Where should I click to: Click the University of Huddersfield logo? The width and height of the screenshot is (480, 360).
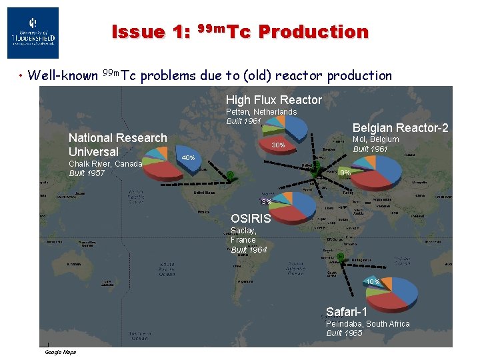(33, 33)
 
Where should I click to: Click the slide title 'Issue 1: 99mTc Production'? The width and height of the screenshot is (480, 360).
(240, 31)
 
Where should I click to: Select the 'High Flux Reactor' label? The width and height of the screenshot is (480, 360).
(273, 100)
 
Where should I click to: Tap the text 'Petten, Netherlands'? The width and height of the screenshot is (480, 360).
(261, 112)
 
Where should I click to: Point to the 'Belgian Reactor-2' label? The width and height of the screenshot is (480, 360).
(400, 128)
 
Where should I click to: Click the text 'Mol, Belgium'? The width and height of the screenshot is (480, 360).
(375, 139)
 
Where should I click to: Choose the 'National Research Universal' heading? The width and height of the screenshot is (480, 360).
(117, 145)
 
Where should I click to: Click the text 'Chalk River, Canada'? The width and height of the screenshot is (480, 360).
(105, 164)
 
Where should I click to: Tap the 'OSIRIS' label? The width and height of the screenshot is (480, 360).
(251, 219)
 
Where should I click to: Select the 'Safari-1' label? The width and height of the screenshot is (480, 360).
(346, 311)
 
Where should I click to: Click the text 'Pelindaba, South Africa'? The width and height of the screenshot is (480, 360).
(367, 324)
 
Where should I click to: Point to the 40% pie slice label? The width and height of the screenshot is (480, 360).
(188, 158)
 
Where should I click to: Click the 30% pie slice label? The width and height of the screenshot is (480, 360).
(278, 145)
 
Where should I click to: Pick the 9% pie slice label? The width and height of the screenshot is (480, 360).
(345, 173)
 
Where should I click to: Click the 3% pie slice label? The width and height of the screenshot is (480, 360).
(266, 202)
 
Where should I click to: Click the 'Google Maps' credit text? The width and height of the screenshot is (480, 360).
(60, 352)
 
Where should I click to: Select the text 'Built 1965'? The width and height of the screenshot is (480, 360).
(344, 333)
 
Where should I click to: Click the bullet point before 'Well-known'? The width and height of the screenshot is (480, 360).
(22, 76)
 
